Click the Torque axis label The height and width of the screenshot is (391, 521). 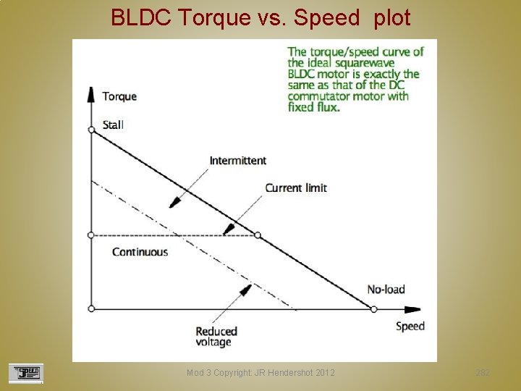(x=119, y=96)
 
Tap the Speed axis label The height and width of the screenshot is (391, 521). (x=410, y=326)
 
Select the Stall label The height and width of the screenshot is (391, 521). (x=114, y=125)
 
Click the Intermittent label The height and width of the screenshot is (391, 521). (x=238, y=160)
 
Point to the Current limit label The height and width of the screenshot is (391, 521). (x=296, y=188)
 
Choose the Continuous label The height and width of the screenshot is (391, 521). (x=140, y=252)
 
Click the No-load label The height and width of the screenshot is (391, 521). (x=386, y=290)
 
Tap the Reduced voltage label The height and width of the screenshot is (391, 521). (x=216, y=337)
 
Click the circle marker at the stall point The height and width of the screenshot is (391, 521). (x=91, y=130)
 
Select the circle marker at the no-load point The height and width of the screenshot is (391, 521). (x=373, y=309)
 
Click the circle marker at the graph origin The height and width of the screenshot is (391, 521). (x=91, y=309)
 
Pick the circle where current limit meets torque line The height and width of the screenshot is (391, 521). (x=258, y=235)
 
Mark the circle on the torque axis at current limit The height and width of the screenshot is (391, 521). (x=91, y=235)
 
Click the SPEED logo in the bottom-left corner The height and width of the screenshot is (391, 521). (x=26, y=373)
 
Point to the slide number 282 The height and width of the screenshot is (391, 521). (x=483, y=373)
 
